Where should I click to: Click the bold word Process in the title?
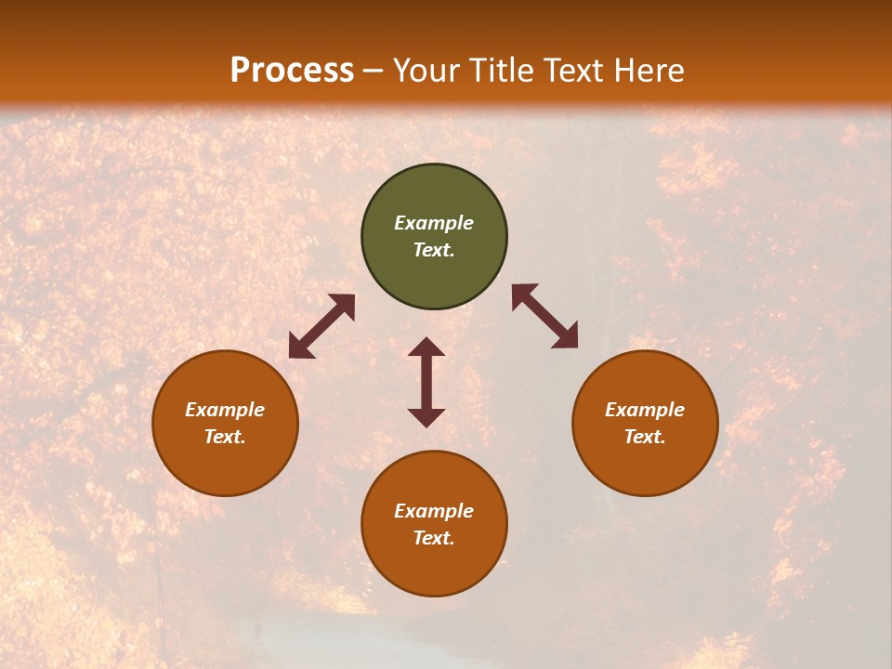(292, 71)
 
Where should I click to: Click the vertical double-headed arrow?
(426, 382)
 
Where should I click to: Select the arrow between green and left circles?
(321, 326)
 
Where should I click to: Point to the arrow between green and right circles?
(545, 316)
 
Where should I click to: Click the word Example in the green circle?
(434, 223)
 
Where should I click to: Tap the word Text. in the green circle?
(434, 250)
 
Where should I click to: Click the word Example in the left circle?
(225, 410)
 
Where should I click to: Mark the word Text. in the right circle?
(645, 437)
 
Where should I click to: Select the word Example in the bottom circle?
(434, 511)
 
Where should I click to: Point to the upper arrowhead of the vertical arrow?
(426, 348)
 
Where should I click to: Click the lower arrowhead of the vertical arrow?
(426, 417)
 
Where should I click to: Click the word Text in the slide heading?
(576, 71)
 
